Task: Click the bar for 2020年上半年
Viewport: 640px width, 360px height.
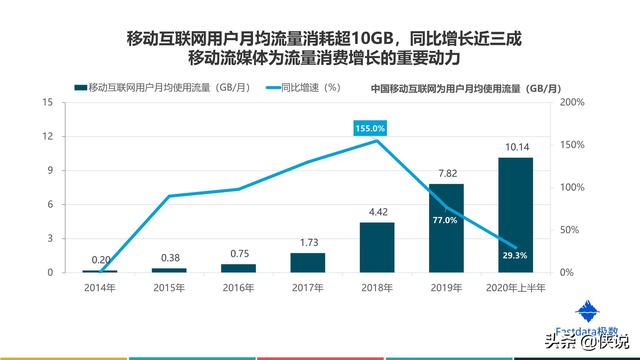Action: coord(515,214)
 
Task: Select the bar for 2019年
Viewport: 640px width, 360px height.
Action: coord(446,228)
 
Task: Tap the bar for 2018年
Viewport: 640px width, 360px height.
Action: coord(376,247)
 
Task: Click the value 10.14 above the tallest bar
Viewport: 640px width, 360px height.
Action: coord(515,147)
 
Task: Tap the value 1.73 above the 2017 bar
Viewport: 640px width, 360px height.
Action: coord(307,242)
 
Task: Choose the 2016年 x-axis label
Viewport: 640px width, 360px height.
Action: coord(237,288)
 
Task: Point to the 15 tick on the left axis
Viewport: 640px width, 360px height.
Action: coord(47,102)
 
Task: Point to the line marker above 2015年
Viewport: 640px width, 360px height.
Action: coord(168,196)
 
